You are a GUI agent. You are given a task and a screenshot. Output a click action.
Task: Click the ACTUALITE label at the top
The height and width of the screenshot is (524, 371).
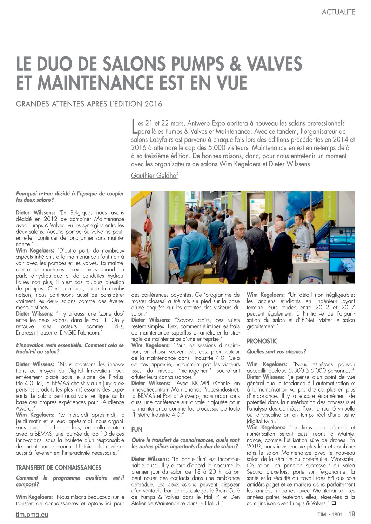coord(338,12)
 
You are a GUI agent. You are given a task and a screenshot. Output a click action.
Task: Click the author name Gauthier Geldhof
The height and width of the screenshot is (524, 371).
coord(154,175)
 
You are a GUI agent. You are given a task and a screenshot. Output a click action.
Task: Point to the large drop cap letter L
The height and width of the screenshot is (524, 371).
coord(134,127)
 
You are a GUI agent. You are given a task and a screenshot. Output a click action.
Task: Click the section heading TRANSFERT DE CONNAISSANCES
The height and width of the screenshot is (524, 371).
coord(59,468)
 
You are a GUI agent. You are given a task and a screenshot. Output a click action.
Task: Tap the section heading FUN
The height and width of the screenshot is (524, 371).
coord(137,429)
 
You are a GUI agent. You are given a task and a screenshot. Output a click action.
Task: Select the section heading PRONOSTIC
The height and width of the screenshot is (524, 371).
coord(262,341)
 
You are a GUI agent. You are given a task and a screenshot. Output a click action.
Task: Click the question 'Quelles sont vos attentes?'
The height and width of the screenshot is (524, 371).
coord(276,351)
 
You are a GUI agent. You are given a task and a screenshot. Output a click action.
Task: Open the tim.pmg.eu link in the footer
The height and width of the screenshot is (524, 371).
coord(32,515)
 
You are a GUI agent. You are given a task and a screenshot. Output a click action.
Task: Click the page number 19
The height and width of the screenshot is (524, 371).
coord(351,514)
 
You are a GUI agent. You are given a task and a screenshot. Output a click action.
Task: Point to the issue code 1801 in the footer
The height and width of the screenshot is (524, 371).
coord(337,515)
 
